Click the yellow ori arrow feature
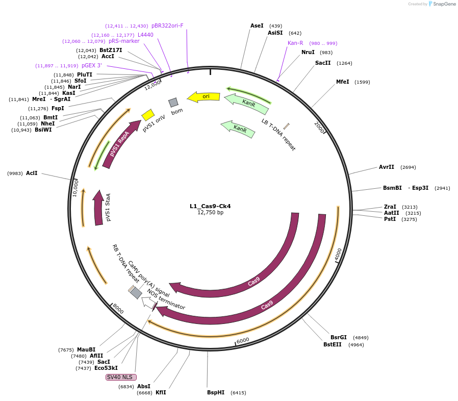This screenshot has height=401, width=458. (x=203, y=96)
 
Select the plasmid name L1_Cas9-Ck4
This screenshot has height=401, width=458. (x=210, y=206)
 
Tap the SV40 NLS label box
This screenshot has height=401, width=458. (x=121, y=377)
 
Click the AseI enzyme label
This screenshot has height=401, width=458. (x=257, y=26)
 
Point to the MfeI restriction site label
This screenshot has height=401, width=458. (x=342, y=82)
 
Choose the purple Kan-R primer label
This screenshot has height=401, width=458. (x=295, y=43)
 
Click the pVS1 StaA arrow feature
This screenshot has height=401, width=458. (x=98, y=209)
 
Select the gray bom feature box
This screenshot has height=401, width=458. (x=173, y=102)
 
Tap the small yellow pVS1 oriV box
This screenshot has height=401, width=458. (x=148, y=114)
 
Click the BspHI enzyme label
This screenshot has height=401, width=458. (x=216, y=392)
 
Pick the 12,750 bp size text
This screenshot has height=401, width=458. (x=210, y=213)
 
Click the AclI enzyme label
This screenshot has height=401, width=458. (x=32, y=173)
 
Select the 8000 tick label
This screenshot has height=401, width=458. (x=118, y=309)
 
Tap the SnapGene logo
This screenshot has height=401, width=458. (x=442, y=4)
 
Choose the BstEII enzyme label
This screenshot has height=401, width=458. (x=333, y=344)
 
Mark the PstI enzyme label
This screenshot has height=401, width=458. (x=390, y=219)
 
